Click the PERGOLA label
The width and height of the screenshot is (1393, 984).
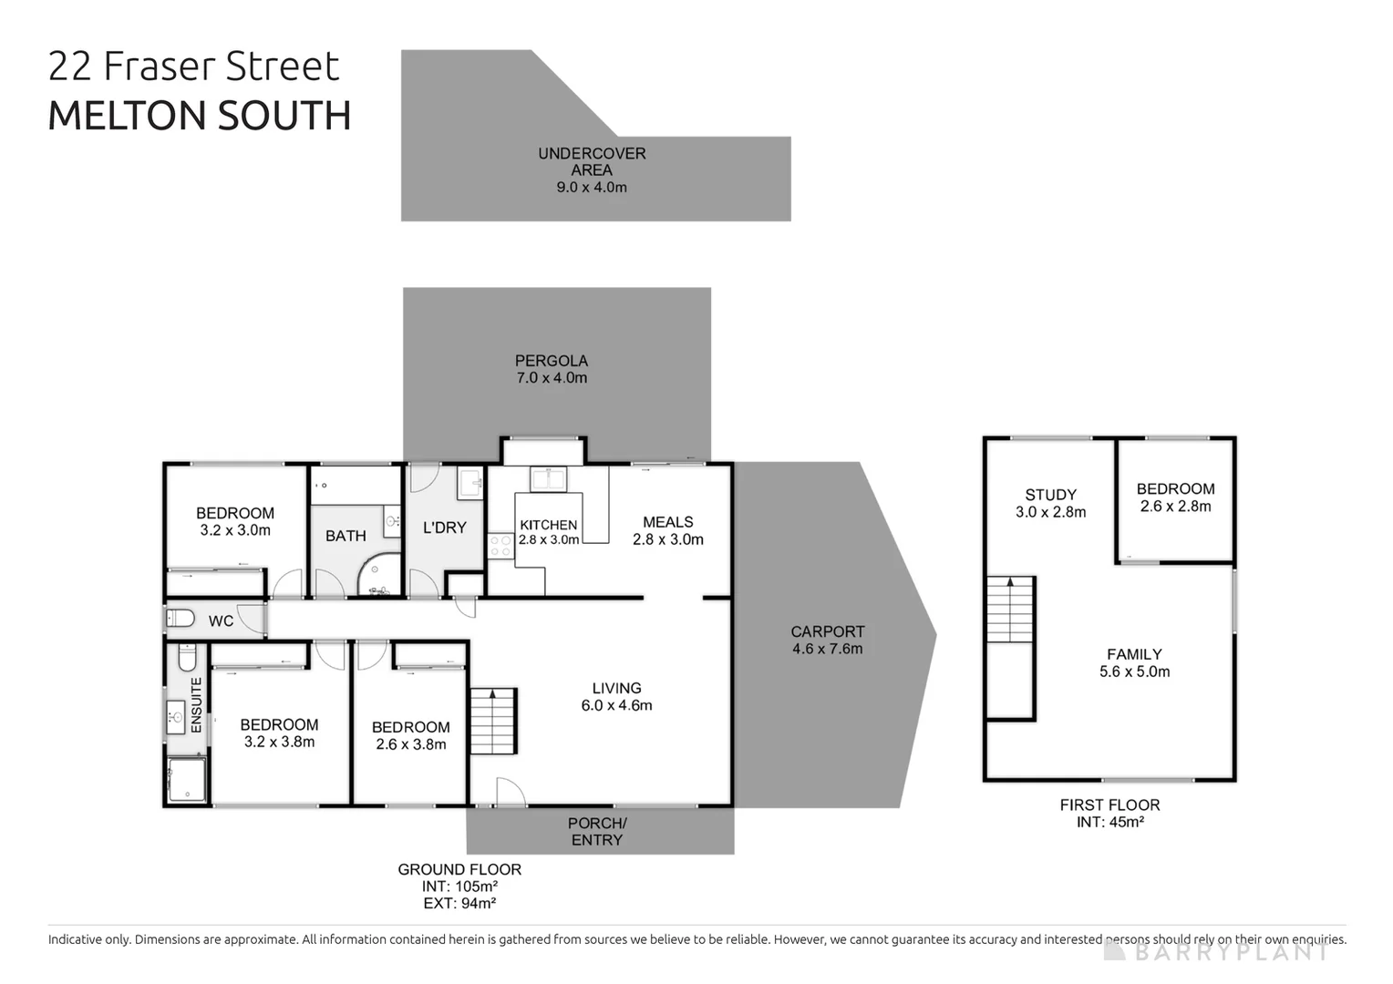(x=551, y=361)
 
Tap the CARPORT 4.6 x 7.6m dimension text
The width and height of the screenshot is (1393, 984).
(x=827, y=649)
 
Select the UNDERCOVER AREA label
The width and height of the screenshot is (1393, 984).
(x=592, y=161)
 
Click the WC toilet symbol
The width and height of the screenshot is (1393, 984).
(x=181, y=619)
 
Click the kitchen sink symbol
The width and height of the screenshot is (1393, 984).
(x=549, y=478)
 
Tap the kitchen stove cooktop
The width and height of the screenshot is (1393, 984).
(x=501, y=545)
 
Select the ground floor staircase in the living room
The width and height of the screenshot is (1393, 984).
(x=493, y=721)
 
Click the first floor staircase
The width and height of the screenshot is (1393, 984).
(x=1009, y=610)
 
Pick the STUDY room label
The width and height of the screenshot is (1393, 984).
(x=1050, y=495)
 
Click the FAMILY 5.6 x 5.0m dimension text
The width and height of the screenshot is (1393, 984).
(x=1134, y=671)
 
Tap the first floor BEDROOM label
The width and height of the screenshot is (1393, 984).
(x=1175, y=489)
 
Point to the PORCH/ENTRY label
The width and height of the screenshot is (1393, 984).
(x=597, y=831)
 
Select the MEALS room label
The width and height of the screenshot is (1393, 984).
(x=667, y=522)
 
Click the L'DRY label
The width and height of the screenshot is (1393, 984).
(x=444, y=528)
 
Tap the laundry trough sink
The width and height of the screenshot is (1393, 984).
(x=469, y=482)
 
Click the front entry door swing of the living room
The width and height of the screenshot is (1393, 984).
(x=510, y=792)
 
